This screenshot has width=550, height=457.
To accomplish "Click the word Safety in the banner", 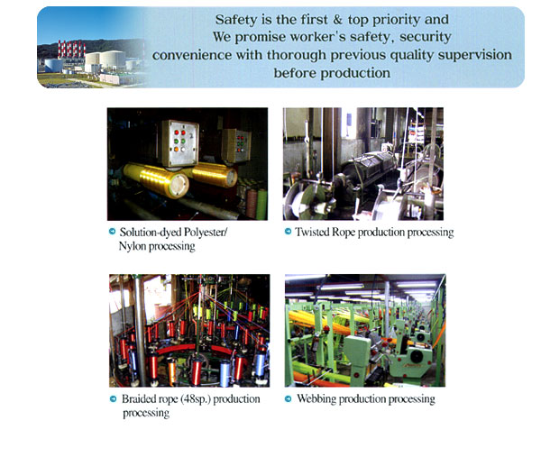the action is tap(236, 20).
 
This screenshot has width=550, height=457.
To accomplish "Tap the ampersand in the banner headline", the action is tap(337, 20).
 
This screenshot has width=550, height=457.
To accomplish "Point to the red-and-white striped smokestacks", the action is tap(71, 49).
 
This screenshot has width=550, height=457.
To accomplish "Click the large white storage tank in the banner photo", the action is tap(113, 59).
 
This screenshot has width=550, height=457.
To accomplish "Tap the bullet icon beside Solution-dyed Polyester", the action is tap(112, 232).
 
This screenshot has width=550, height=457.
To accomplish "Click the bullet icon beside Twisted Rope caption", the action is tap(288, 232).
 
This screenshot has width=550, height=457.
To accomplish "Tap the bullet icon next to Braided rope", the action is tap(113, 398).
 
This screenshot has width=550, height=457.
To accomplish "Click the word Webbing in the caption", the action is tap(316, 399).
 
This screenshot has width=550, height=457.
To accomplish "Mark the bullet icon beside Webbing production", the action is tap(288, 398).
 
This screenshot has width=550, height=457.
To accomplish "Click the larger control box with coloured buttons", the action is tap(179, 142).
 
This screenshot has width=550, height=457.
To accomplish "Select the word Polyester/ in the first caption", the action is tap(206, 233).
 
